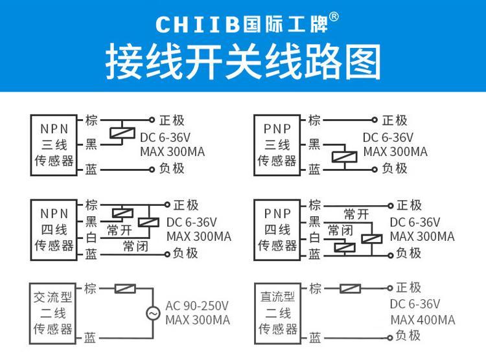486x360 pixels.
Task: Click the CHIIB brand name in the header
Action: [198, 24]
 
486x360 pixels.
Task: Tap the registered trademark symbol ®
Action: [334, 17]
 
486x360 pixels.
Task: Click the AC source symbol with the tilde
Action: [153, 313]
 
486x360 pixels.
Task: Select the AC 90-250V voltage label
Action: [197, 306]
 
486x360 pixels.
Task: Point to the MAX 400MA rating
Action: [422, 320]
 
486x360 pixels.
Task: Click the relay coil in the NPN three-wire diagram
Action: [122, 133]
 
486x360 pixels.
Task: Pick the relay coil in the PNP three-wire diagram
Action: [344, 157]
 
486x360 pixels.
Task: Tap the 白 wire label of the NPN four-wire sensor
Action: [91, 238]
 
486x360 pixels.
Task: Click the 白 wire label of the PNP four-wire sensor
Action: [314, 238]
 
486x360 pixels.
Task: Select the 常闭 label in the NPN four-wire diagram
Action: [135, 246]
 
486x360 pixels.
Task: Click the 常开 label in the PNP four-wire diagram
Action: [356, 214]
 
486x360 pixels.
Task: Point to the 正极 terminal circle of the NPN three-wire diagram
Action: [152, 120]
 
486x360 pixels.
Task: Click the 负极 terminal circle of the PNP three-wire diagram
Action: [375, 170]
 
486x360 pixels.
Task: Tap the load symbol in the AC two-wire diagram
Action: [125, 289]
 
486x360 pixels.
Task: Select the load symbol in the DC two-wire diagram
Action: [350, 289]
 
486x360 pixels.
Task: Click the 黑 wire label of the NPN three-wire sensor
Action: [91, 144]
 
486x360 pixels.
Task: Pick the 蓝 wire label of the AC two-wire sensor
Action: [90, 337]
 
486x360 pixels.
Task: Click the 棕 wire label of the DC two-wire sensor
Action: [315, 288]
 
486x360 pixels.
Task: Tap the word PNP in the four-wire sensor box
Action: [277, 214]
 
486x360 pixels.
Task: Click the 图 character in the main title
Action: [364, 62]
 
